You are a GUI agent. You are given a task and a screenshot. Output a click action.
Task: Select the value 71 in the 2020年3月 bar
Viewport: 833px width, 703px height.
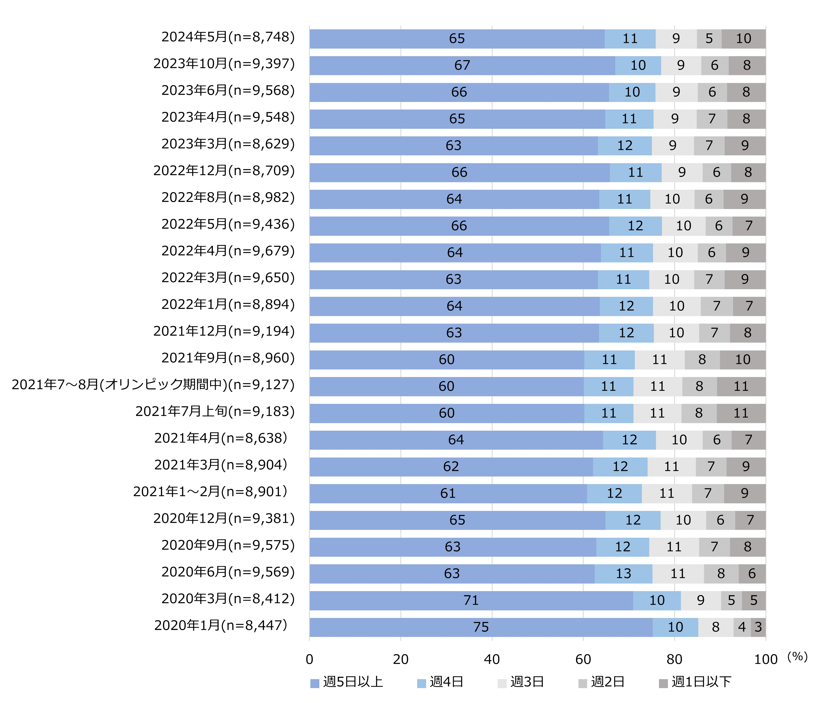(471, 600)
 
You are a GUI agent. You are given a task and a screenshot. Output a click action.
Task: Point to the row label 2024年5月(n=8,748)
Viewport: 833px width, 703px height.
(228, 37)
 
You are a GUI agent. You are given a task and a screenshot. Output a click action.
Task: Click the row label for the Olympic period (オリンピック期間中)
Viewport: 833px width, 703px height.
(153, 385)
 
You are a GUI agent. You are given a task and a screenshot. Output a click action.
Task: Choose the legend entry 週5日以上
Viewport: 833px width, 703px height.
(347, 682)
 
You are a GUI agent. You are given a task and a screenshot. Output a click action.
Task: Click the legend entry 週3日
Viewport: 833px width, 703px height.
(521, 682)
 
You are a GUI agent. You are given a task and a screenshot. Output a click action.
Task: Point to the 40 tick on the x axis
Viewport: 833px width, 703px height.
(491, 660)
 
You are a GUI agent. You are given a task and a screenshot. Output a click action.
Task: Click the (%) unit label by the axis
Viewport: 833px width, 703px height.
(797, 656)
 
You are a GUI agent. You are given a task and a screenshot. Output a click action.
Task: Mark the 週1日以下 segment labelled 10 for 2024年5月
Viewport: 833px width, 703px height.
(743, 39)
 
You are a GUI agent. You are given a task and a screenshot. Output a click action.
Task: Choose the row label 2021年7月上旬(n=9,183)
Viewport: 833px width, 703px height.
(215, 412)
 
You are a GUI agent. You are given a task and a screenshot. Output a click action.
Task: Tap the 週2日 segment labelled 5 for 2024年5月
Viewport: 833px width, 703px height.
(709, 39)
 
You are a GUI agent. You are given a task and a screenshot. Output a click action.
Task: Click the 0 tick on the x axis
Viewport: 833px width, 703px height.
(309, 660)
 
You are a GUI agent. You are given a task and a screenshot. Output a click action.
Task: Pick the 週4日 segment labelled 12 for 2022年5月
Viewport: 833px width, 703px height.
(635, 226)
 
